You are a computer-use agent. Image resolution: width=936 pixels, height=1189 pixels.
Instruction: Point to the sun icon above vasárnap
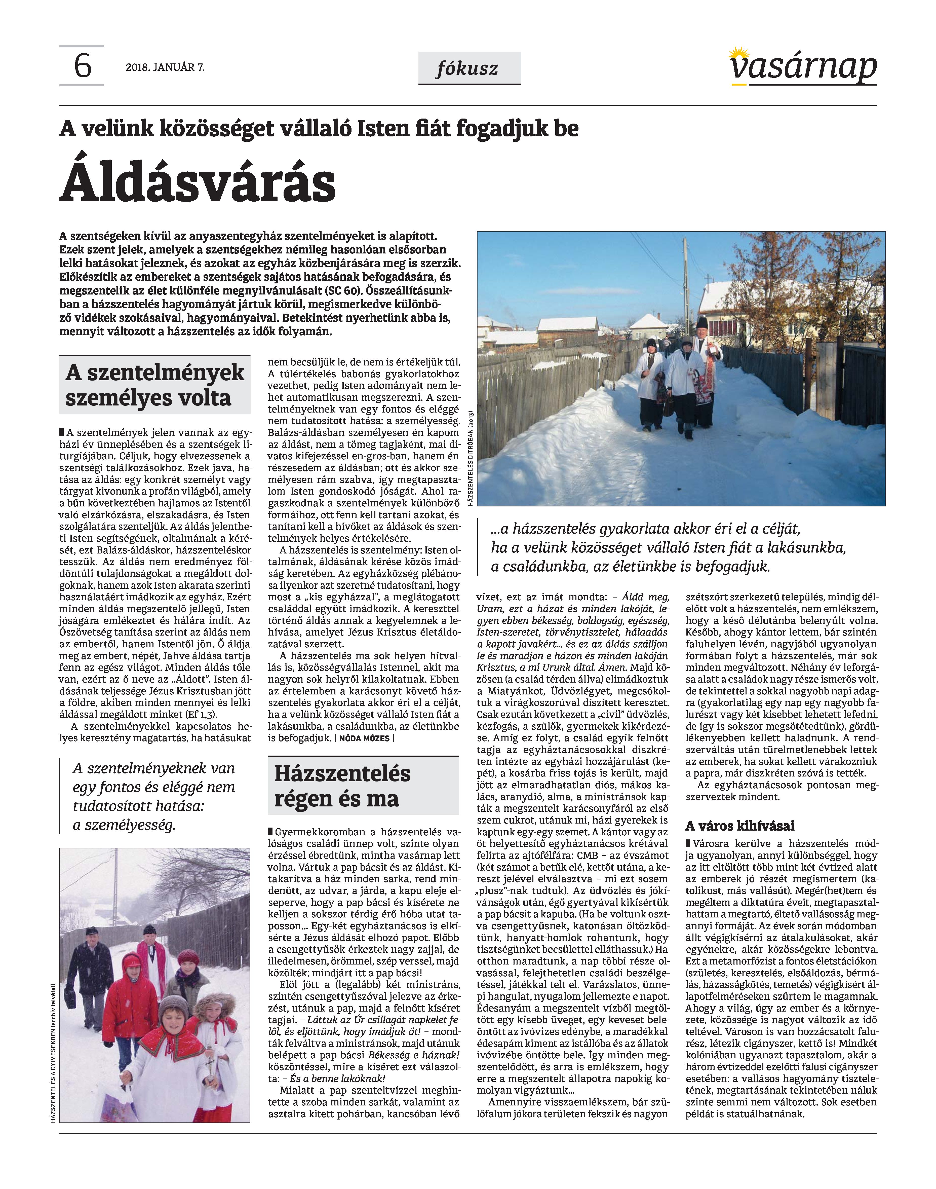click(x=739, y=53)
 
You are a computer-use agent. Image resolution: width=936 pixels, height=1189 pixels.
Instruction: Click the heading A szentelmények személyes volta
click(x=154, y=385)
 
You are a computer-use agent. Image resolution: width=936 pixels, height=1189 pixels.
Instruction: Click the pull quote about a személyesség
click(x=153, y=797)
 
